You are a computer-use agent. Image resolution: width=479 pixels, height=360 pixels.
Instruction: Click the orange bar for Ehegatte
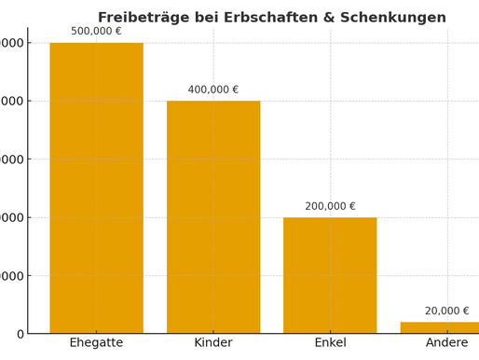[96, 187]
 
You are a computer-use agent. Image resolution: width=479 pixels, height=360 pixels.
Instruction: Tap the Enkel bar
[330, 275]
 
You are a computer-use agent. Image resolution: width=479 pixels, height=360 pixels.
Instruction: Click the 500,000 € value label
[96, 31]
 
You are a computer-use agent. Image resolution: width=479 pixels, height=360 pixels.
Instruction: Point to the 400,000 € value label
[213, 90]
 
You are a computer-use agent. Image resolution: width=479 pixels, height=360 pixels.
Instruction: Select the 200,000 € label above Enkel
[330, 206]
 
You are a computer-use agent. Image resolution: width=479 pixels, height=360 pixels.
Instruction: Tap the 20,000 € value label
[446, 311]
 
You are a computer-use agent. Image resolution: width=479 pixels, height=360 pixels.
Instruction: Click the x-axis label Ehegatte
[96, 343]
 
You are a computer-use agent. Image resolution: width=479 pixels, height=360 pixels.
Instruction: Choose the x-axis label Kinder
[213, 343]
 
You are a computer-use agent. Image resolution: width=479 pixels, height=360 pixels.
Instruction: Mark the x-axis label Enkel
[330, 343]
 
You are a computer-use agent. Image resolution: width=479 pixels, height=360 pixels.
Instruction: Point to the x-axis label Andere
[446, 343]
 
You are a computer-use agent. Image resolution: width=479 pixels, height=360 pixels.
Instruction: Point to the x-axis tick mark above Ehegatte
[96, 336]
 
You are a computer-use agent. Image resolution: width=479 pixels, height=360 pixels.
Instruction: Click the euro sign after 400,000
[234, 90]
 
